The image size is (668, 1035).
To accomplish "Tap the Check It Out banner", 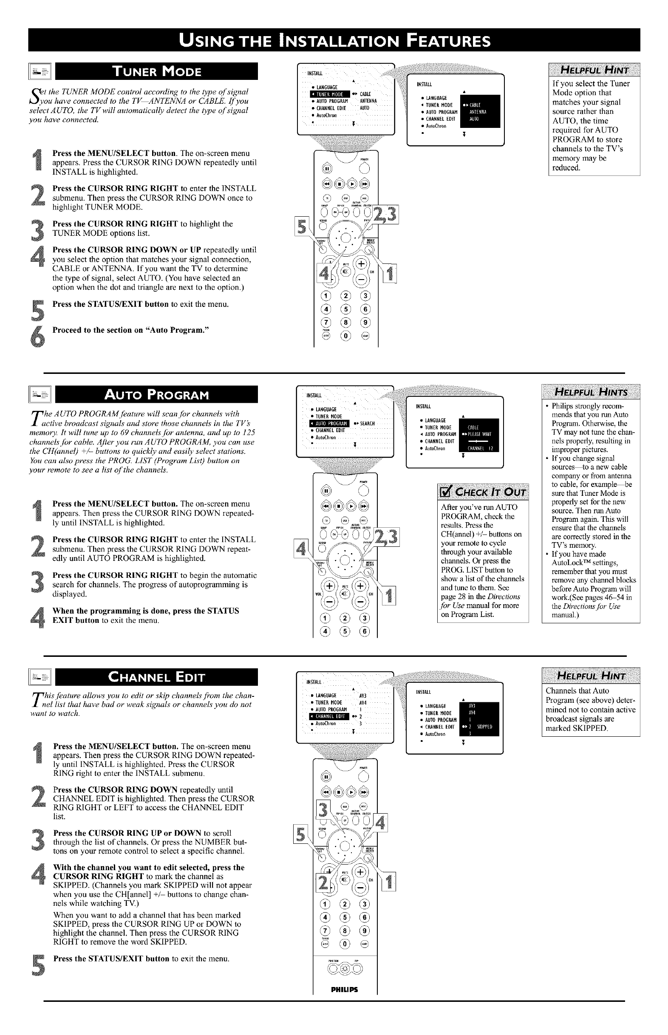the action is point(483,492).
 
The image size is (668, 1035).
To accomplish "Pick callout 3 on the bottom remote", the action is point(323,810).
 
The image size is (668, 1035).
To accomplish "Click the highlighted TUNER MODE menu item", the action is point(329,94).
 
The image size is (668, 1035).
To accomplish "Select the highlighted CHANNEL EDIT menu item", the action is point(329,716).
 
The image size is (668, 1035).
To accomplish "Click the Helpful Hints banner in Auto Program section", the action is point(591,393).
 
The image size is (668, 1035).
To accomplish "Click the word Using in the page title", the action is point(212,40).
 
